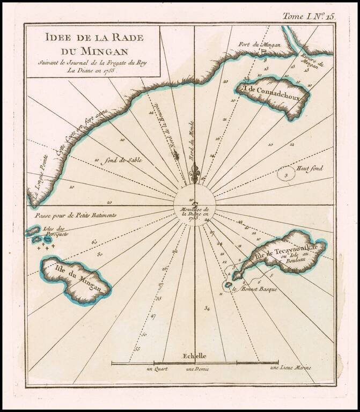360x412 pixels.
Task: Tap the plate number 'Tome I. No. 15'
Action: [308, 16]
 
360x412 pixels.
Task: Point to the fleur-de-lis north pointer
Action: [196, 173]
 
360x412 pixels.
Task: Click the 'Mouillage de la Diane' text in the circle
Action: [194, 212]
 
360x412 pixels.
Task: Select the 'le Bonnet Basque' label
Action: [251, 290]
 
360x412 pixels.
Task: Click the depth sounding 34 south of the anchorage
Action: [207, 308]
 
